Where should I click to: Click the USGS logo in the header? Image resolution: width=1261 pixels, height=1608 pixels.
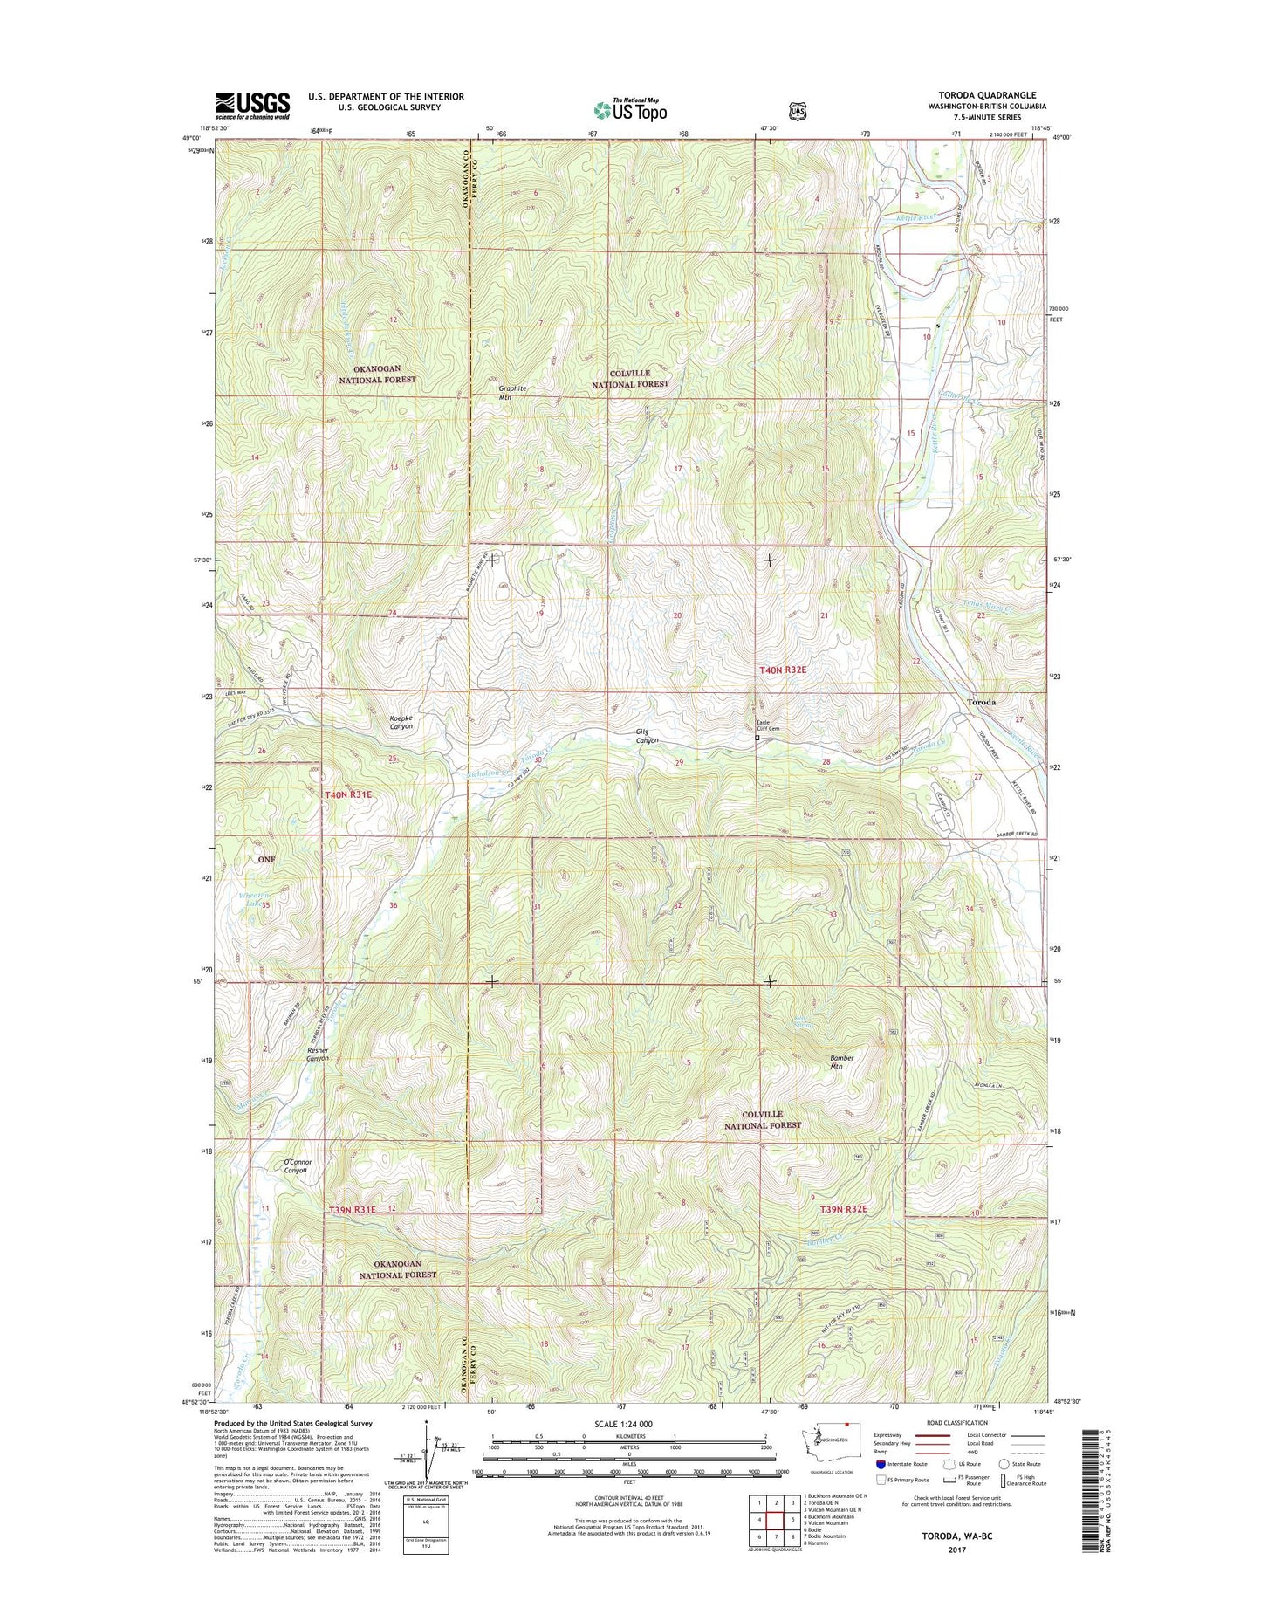coord(252,106)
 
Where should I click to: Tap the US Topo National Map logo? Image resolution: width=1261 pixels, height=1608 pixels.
coord(630,109)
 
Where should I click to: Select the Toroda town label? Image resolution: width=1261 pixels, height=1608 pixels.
coord(983,702)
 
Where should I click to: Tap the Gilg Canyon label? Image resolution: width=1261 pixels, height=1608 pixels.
coord(647,737)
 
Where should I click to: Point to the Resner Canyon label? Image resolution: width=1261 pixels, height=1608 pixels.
coord(317,1054)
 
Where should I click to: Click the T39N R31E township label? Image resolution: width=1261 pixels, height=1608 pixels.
coord(353,1210)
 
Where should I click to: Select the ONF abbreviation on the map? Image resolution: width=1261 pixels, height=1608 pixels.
coord(266,859)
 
